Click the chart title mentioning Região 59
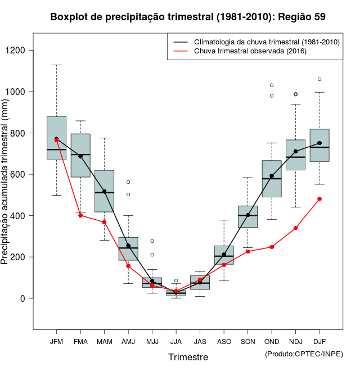click(x=188, y=17)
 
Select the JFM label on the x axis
click(x=56, y=342)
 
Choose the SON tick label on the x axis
click(x=247, y=342)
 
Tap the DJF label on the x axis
click(x=319, y=342)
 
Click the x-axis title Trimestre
click(x=188, y=357)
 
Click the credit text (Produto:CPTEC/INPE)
click(x=304, y=354)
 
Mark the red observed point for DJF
click(x=319, y=198)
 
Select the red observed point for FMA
click(x=80, y=215)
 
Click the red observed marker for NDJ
click(x=295, y=228)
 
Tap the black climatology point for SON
click(x=247, y=215)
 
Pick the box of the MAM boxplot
click(x=104, y=191)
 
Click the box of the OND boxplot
click(x=272, y=179)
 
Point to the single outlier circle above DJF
click(x=319, y=79)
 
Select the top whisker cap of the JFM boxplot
click(x=56, y=65)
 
